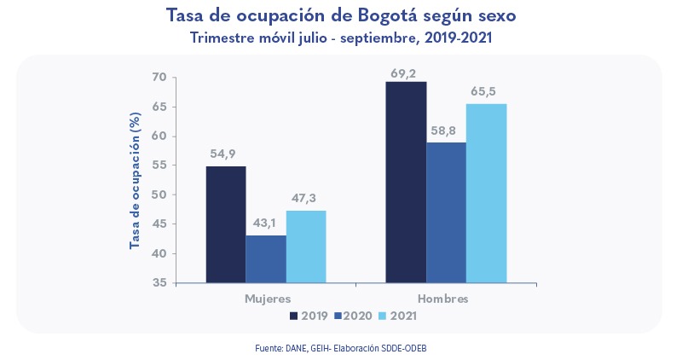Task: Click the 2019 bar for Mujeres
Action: click(225, 224)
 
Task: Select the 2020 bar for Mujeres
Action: click(266, 258)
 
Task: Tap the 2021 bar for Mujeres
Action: click(306, 247)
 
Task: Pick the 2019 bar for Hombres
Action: click(406, 182)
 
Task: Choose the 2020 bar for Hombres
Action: click(447, 212)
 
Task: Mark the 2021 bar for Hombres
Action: click(487, 193)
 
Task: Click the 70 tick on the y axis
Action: click(159, 78)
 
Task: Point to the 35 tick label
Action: click(159, 282)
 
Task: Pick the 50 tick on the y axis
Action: click(159, 195)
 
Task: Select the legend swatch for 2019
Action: click(294, 316)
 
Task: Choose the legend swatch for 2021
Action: click(381, 316)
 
